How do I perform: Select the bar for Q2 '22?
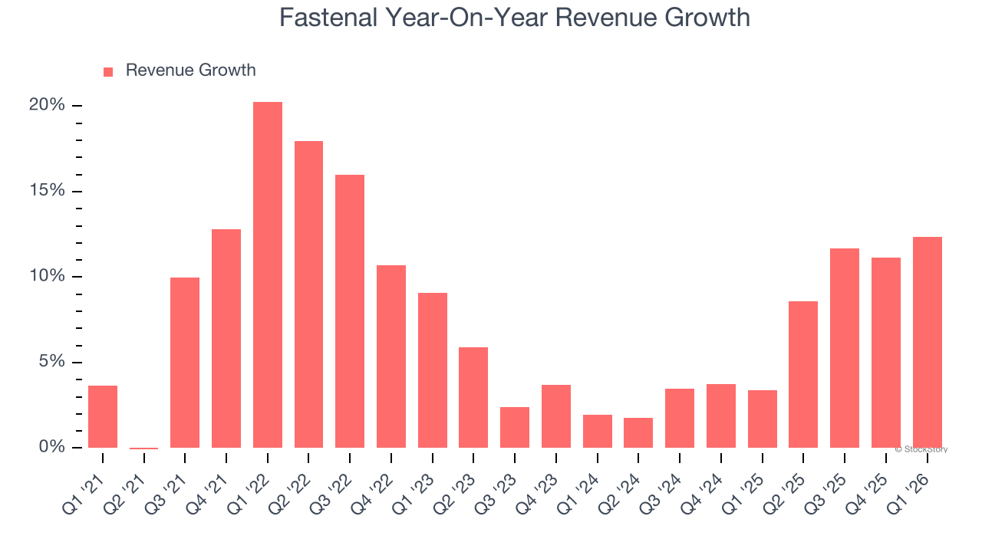(x=308, y=294)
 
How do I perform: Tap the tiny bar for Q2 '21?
(x=144, y=448)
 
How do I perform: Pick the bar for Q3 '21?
(x=185, y=363)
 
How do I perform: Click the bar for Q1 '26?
(x=927, y=342)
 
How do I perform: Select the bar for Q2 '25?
(x=803, y=374)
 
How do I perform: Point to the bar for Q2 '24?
(x=638, y=432)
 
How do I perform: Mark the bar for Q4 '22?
(x=391, y=356)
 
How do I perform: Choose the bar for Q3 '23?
(x=515, y=427)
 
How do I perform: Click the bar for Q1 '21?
(x=103, y=416)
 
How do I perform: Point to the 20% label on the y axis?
(x=47, y=105)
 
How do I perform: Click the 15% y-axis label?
(x=47, y=191)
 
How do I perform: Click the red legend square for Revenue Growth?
(x=108, y=72)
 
